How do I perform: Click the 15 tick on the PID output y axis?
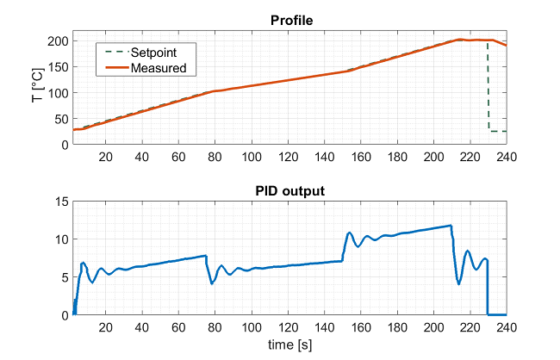pos(61,202)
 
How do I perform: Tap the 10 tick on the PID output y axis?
pos(61,239)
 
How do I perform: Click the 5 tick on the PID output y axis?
pos(64,277)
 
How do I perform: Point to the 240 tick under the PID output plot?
pos(506,327)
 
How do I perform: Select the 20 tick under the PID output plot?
pos(106,327)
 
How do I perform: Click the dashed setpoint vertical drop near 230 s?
pos(488,86)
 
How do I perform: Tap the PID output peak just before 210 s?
pos(451,226)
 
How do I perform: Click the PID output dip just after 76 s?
pos(212,283)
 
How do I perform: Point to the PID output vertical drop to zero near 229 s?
pos(487,289)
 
